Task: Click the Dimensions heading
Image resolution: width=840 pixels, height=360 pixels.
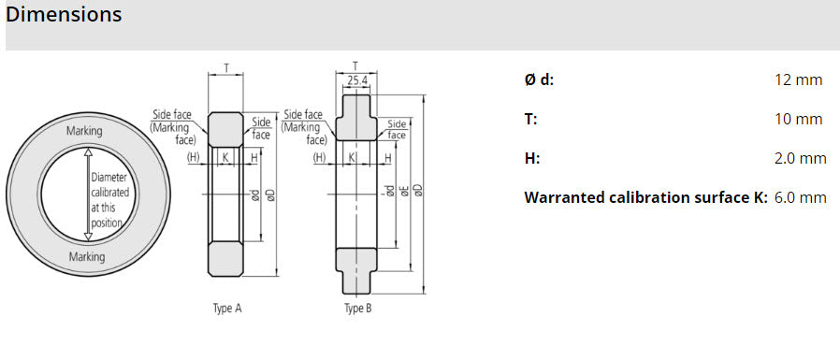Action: click(64, 16)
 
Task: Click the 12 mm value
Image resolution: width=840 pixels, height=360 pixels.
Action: click(798, 80)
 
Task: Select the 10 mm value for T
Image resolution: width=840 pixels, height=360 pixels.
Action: click(798, 120)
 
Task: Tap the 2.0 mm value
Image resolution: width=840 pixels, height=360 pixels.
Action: click(800, 159)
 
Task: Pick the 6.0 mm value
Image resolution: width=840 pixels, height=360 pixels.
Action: click(800, 198)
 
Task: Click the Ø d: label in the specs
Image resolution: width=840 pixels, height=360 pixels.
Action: click(539, 80)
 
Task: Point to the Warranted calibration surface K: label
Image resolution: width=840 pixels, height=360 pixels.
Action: click(645, 198)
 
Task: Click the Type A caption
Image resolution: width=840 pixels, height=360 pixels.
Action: click(227, 308)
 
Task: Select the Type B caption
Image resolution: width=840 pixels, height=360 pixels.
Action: click(357, 308)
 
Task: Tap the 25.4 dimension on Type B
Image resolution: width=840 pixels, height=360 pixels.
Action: click(356, 81)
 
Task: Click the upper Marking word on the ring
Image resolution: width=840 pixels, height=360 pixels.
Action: click(84, 131)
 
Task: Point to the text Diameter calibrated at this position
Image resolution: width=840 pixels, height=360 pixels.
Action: click(110, 199)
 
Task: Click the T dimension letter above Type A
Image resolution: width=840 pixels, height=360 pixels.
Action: click(226, 68)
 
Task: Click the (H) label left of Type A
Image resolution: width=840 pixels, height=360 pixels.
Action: click(194, 157)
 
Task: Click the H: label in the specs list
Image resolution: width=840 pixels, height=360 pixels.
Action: click(531, 159)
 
